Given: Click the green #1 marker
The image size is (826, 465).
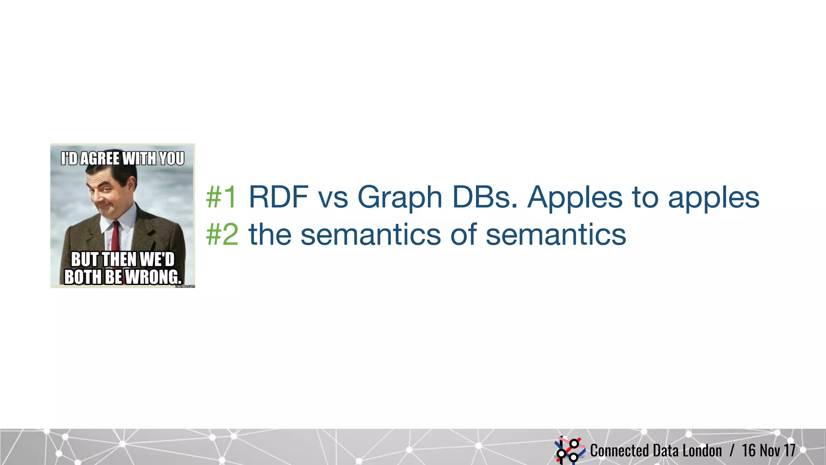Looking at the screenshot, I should [x=221, y=197].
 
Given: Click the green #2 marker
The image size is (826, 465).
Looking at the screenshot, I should [x=222, y=235].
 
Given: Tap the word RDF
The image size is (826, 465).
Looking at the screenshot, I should [x=278, y=197].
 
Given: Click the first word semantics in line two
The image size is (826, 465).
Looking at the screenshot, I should [x=371, y=235].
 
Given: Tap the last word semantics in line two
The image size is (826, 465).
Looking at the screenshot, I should [x=555, y=235].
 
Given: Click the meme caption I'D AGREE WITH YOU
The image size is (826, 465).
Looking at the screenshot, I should [x=123, y=159].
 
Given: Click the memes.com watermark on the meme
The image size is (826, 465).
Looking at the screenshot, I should [x=185, y=286].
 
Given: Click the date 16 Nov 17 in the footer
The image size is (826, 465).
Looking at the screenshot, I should [x=768, y=450].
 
